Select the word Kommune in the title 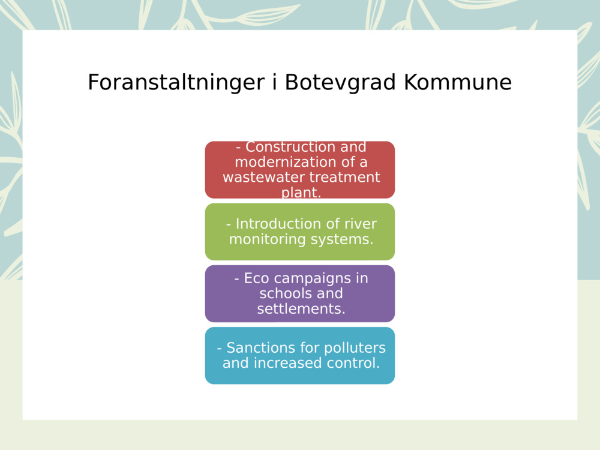click(x=457, y=83)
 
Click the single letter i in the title click(x=274, y=83)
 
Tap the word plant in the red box click(x=301, y=193)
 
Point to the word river click(x=361, y=224)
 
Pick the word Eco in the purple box click(x=256, y=278)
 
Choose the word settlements click(x=301, y=309)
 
